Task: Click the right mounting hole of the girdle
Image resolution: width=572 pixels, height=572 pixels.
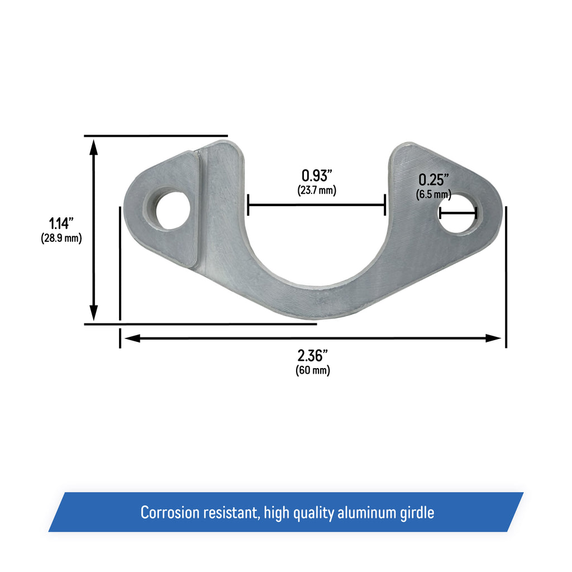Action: [457, 213]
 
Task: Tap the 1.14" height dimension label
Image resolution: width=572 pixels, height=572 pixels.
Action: [61, 224]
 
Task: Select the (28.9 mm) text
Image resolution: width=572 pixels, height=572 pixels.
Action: [61, 239]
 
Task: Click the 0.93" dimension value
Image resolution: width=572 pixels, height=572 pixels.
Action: [317, 175]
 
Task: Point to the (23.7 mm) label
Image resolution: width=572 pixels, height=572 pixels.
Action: [317, 190]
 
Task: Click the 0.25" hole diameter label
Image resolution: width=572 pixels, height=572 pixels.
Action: [434, 180]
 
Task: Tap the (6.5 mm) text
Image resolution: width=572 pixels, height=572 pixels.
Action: [433, 194]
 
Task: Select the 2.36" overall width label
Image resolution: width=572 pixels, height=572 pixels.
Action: [312, 355]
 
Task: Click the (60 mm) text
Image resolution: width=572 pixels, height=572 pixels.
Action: [312, 370]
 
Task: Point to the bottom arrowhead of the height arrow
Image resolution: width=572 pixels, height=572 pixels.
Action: [94, 313]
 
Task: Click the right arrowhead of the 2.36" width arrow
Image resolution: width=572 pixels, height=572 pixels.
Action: [494, 338]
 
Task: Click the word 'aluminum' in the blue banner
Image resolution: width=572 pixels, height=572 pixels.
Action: [363, 512]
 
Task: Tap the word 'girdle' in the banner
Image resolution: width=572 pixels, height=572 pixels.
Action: [416, 512]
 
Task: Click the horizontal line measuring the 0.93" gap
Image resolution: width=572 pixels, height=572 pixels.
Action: [317, 205]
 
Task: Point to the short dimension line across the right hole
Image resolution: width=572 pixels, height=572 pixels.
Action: [457, 212]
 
